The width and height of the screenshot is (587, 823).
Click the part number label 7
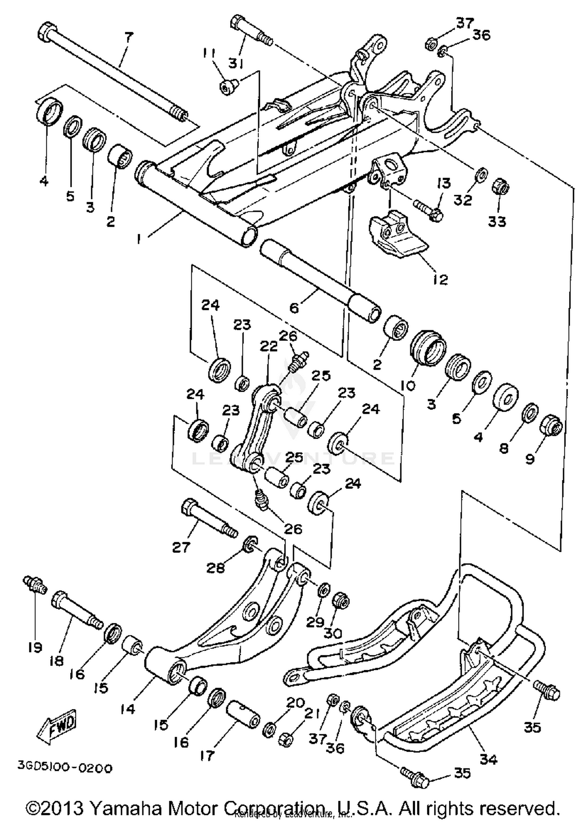[x=129, y=38]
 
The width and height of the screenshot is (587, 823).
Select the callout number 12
[x=440, y=279]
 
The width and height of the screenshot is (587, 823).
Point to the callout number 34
[x=488, y=759]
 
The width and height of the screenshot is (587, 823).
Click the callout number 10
[x=408, y=386]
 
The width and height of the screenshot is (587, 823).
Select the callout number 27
[x=181, y=547]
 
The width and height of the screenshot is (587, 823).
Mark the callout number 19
[x=35, y=648]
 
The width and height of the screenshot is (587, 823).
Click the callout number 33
[x=497, y=222]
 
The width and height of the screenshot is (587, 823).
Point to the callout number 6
[x=294, y=307]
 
